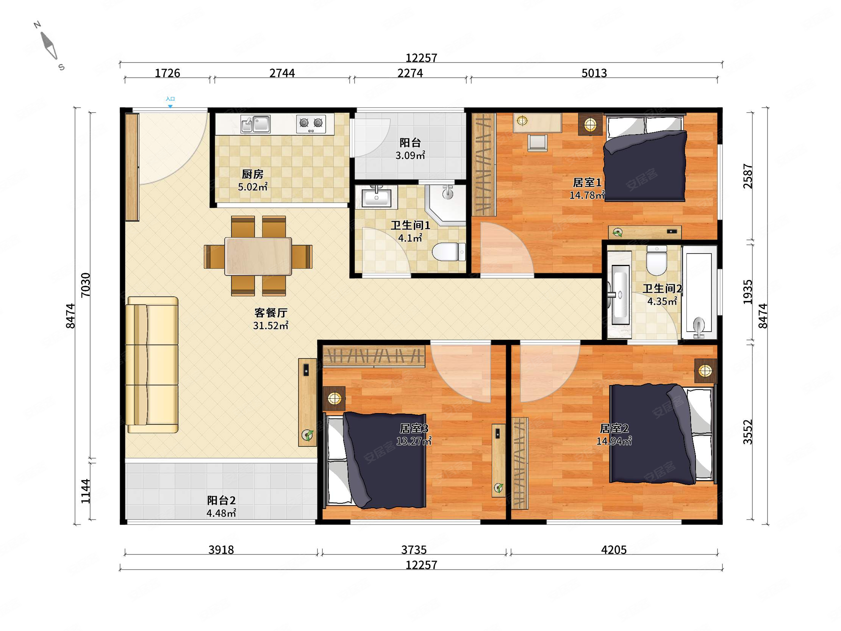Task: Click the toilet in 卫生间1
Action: (x=449, y=252)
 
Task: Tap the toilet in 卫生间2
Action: (x=657, y=260)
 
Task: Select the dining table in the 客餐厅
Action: (x=258, y=256)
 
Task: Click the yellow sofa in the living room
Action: (x=152, y=365)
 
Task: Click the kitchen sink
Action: (x=255, y=124)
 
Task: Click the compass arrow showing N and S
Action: (x=48, y=46)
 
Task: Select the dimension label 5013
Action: (x=594, y=73)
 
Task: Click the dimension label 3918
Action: (x=221, y=550)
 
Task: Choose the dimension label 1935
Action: (x=747, y=292)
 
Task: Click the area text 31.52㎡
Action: (x=271, y=326)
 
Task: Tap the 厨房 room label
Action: (x=252, y=174)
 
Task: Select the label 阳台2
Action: (x=221, y=500)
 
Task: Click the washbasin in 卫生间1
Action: (x=377, y=197)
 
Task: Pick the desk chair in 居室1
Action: (x=538, y=142)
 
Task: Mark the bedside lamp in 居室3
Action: (x=334, y=399)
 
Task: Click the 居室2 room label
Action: (x=614, y=429)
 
